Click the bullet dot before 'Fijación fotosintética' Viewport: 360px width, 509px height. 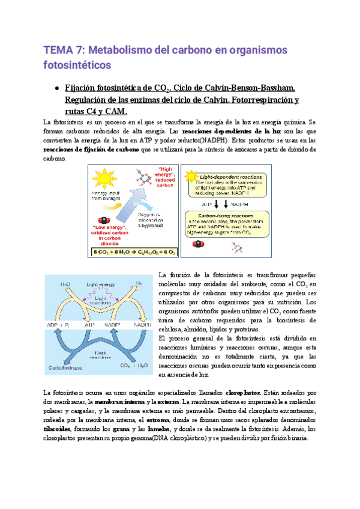click(55, 88)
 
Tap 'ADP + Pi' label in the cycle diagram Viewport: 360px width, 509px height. click(58, 324)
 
